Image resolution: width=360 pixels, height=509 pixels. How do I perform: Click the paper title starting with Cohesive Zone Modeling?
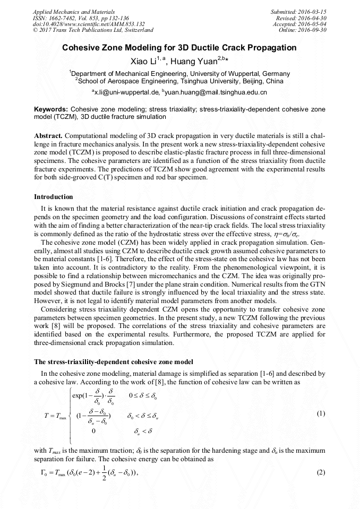[179, 48]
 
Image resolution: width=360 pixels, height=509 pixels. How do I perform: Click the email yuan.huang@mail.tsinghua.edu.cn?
[216, 92]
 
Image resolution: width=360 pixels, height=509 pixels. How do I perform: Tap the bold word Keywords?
[50, 108]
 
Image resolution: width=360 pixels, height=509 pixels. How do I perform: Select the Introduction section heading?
[53, 197]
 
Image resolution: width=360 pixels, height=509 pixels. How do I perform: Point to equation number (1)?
[320, 413]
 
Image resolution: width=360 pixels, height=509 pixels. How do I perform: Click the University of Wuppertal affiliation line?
[179, 73]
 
